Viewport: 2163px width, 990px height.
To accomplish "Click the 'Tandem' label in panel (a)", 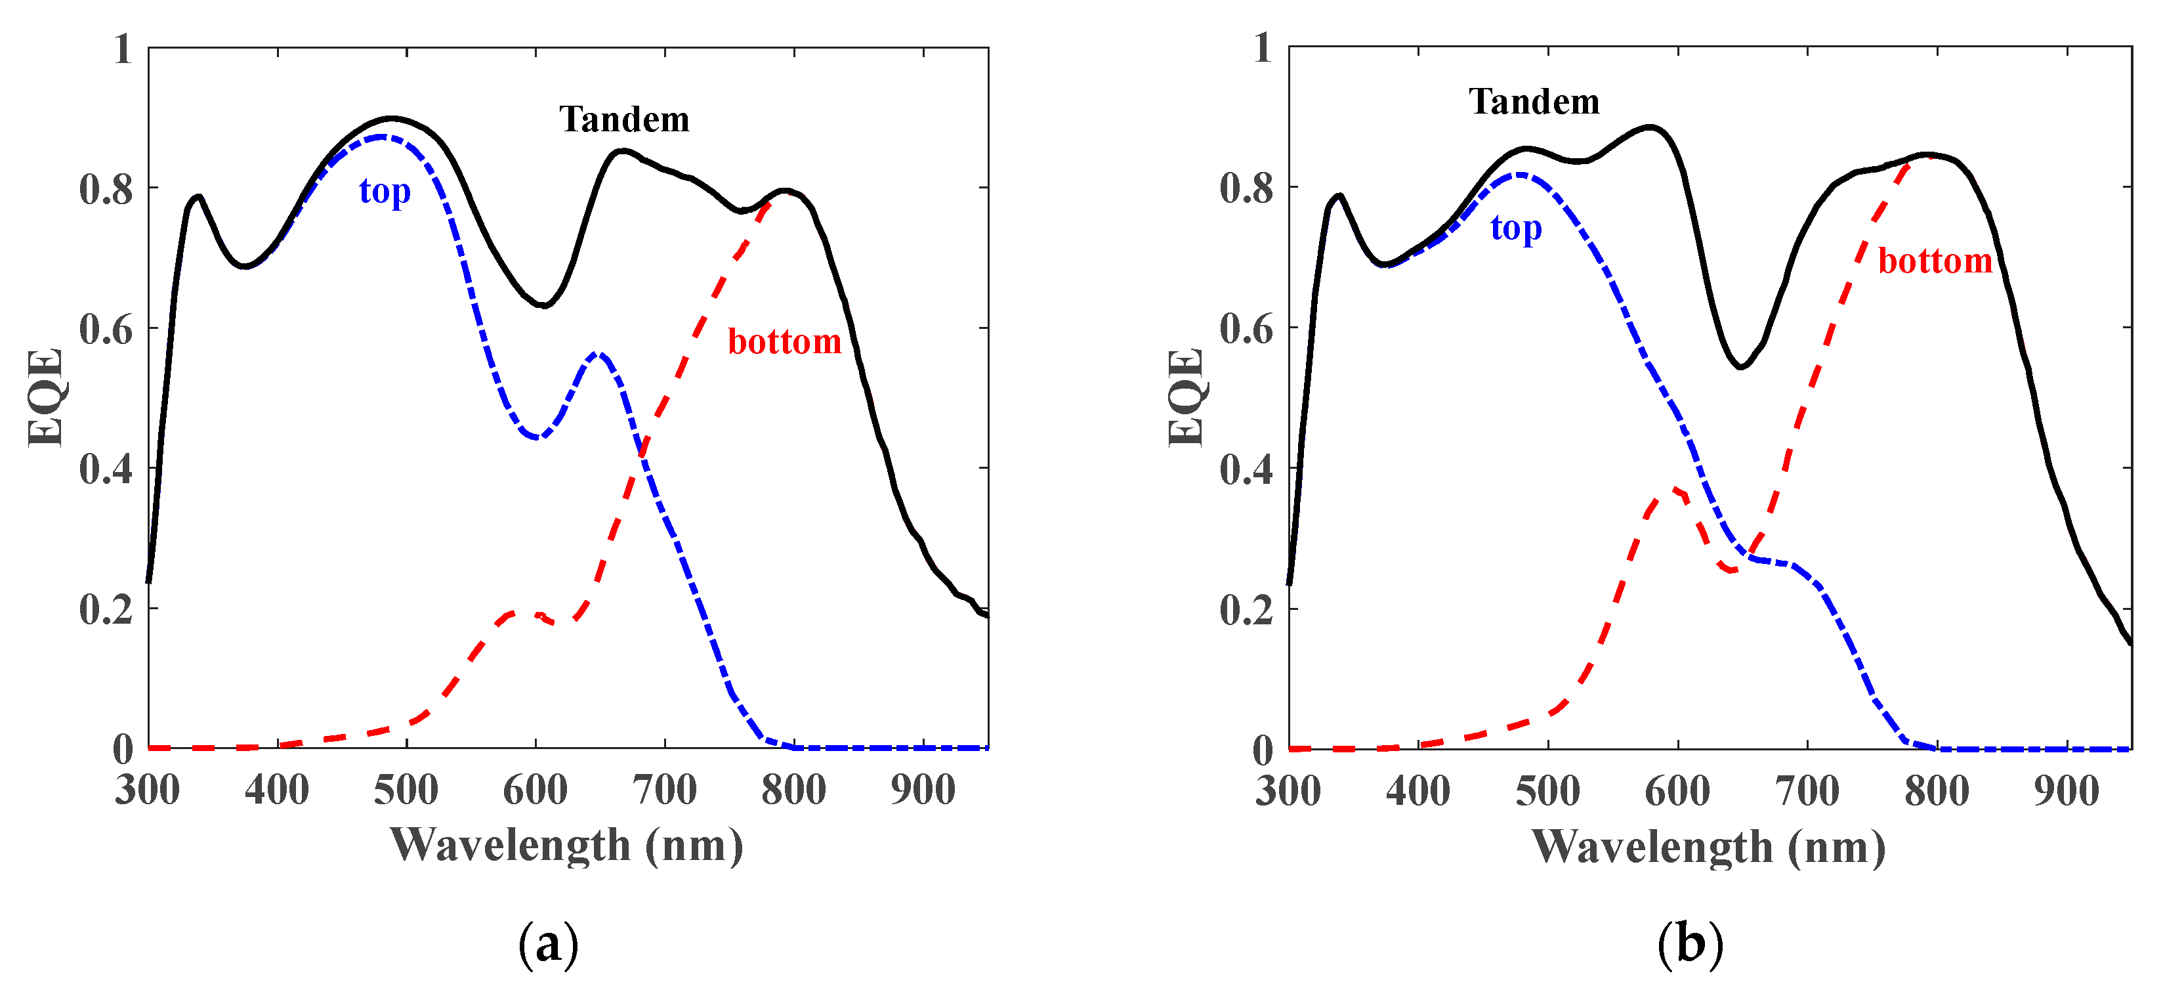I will click(x=624, y=119).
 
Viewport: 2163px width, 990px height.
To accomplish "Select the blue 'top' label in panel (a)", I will click(x=385, y=192).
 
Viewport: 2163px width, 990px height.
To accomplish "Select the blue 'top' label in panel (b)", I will click(x=1516, y=228).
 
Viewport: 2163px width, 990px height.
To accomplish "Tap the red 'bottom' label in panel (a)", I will click(x=784, y=342).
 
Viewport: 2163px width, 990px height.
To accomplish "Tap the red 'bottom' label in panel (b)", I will click(x=1935, y=261).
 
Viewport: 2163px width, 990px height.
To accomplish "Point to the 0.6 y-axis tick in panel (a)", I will click(x=106, y=329).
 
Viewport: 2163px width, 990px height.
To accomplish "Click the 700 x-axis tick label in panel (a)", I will click(x=664, y=790).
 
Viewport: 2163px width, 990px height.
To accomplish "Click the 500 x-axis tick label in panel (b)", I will click(x=1547, y=791).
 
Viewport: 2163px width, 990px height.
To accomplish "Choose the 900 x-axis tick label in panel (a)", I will click(x=923, y=790).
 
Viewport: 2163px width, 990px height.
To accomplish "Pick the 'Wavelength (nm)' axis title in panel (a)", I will click(x=567, y=845).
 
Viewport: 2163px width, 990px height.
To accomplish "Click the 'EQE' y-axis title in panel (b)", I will click(x=1186, y=397).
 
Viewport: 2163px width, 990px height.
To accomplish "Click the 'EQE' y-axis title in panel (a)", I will click(x=45, y=397).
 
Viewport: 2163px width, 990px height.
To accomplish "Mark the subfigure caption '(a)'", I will click(x=549, y=945).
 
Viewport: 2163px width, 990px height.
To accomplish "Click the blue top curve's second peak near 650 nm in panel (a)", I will click(x=598, y=355).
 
